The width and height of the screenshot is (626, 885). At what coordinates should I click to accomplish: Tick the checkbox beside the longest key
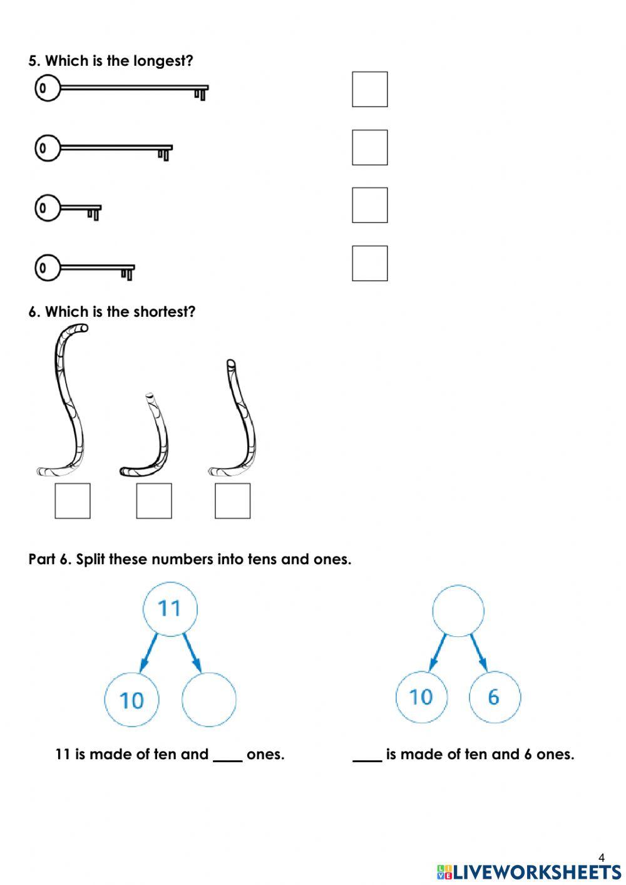[369, 89]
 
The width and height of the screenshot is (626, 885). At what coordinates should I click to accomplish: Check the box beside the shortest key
[369, 205]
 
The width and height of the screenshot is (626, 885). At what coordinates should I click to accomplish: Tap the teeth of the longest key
[200, 93]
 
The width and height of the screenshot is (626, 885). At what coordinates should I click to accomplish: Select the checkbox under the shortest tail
[153, 500]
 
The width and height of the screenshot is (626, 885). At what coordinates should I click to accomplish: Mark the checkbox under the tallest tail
[72, 500]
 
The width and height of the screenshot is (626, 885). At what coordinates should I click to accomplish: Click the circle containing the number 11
[170, 608]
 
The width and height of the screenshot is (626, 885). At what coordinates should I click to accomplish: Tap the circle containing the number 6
[494, 697]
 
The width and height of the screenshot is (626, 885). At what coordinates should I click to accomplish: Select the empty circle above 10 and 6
[458, 611]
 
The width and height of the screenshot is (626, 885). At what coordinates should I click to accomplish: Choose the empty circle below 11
[208, 700]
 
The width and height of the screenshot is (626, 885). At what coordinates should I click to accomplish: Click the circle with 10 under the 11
[131, 700]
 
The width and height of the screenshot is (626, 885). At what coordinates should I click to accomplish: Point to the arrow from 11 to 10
[148, 653]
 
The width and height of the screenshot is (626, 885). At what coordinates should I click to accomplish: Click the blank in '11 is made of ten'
[227, 755]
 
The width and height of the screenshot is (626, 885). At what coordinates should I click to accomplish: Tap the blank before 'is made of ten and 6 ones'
[367, 755]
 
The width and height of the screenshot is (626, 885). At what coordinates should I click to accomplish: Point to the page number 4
[602, 857]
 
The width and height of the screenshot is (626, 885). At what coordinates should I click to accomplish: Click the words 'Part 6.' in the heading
[49, 559]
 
